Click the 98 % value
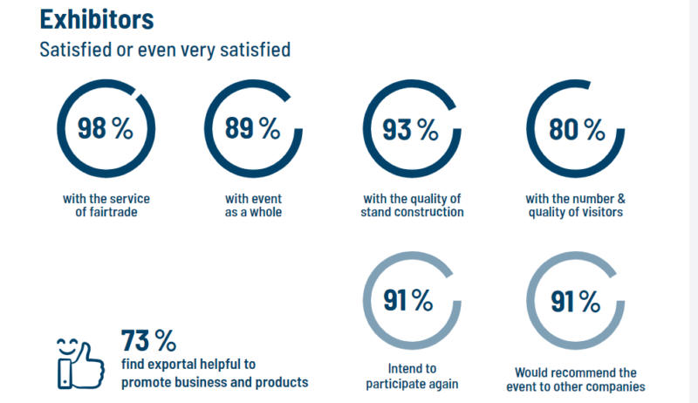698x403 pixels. pos(106,128)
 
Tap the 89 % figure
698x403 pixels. pos(253,128)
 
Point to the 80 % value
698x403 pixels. pos(577,129)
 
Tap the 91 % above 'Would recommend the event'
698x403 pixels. pos(575,301)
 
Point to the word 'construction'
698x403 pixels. pos(439,211)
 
